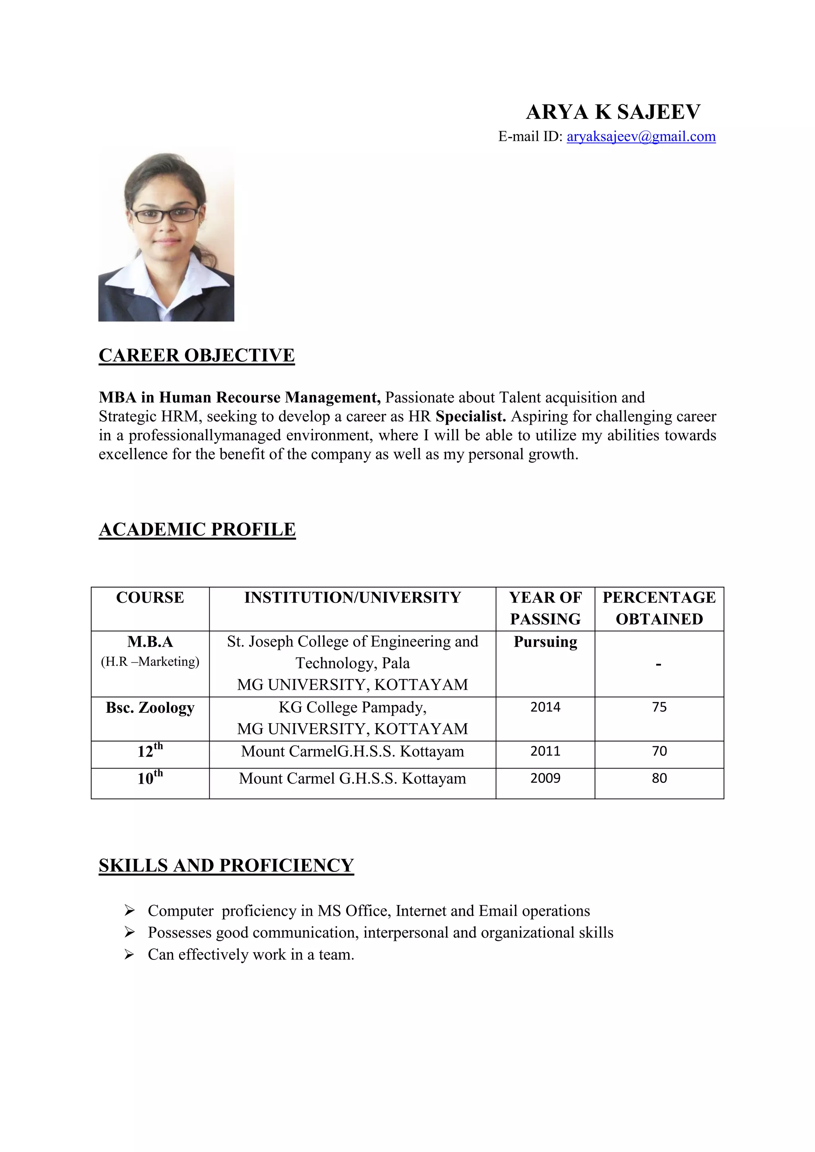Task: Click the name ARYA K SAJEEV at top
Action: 613,112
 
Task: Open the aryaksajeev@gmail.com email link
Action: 641,136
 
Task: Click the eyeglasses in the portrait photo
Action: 165,215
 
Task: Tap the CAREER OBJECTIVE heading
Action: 197,355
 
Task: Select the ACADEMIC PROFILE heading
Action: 197,529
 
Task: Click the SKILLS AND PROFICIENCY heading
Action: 226,866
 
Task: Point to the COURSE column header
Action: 150,597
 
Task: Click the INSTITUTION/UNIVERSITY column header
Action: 352,597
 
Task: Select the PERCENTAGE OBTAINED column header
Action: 659,608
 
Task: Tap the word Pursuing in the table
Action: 545,642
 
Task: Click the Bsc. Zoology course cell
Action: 150,707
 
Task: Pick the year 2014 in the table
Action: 545,707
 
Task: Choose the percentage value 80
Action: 659,778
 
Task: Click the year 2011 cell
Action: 545,751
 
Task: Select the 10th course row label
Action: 150,778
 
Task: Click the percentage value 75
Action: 659,707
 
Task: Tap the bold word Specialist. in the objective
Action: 471,416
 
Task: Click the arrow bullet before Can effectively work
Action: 129,954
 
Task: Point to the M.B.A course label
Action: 150,642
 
